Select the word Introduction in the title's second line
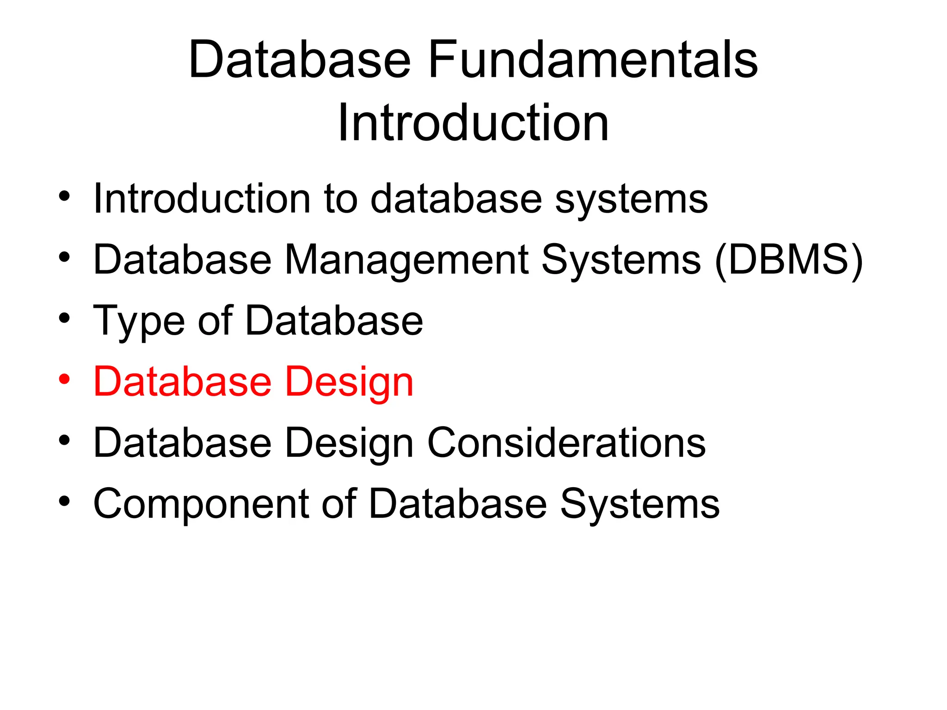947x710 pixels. pos(473,122)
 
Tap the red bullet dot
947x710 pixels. pos(64,379)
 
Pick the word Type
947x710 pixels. pos(139,321)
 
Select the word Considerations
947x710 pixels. pos(566,443)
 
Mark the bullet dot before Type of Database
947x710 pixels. pos(64,318)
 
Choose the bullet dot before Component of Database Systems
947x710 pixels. pos(64,501)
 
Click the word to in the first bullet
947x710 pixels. pos(341,199)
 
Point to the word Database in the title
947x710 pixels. pos(300,60)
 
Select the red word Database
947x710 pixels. pos(182,382)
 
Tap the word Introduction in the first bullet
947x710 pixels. pos(202,199)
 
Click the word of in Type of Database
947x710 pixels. pos(215,320)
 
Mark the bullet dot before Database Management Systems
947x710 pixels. pos(64,257)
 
